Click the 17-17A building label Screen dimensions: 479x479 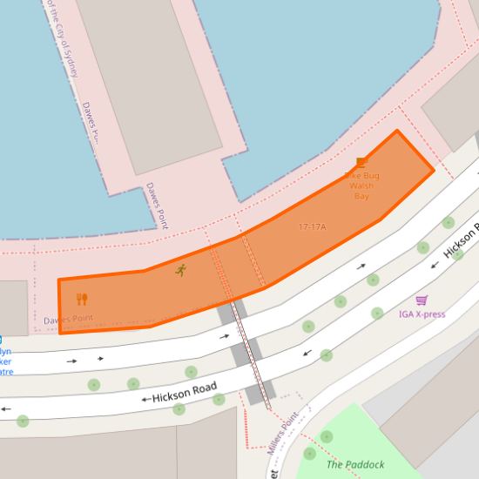click(x=312, y=227)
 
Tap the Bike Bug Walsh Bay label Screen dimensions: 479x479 click(x=362, y=186)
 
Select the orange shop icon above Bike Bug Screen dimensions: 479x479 click(x=361, y=162)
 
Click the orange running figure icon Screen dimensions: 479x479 click(x=180, y=271)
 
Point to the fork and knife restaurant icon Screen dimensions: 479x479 click(x=82, y=300)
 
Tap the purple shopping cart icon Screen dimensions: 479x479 click(x=422, y=300)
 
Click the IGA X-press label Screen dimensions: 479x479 click(x=422, y=314)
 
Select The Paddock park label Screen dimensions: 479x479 click(x=355, y=464)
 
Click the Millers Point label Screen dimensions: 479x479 click(x=283, y=433)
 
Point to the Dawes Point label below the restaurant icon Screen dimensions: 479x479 click(x=69, y=319)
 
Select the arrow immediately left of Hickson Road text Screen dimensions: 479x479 click(x=145, y=400)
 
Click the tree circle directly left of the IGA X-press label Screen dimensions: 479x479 click(x=377, y=314)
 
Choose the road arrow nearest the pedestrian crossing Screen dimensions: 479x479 click(x=225, y=335)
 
